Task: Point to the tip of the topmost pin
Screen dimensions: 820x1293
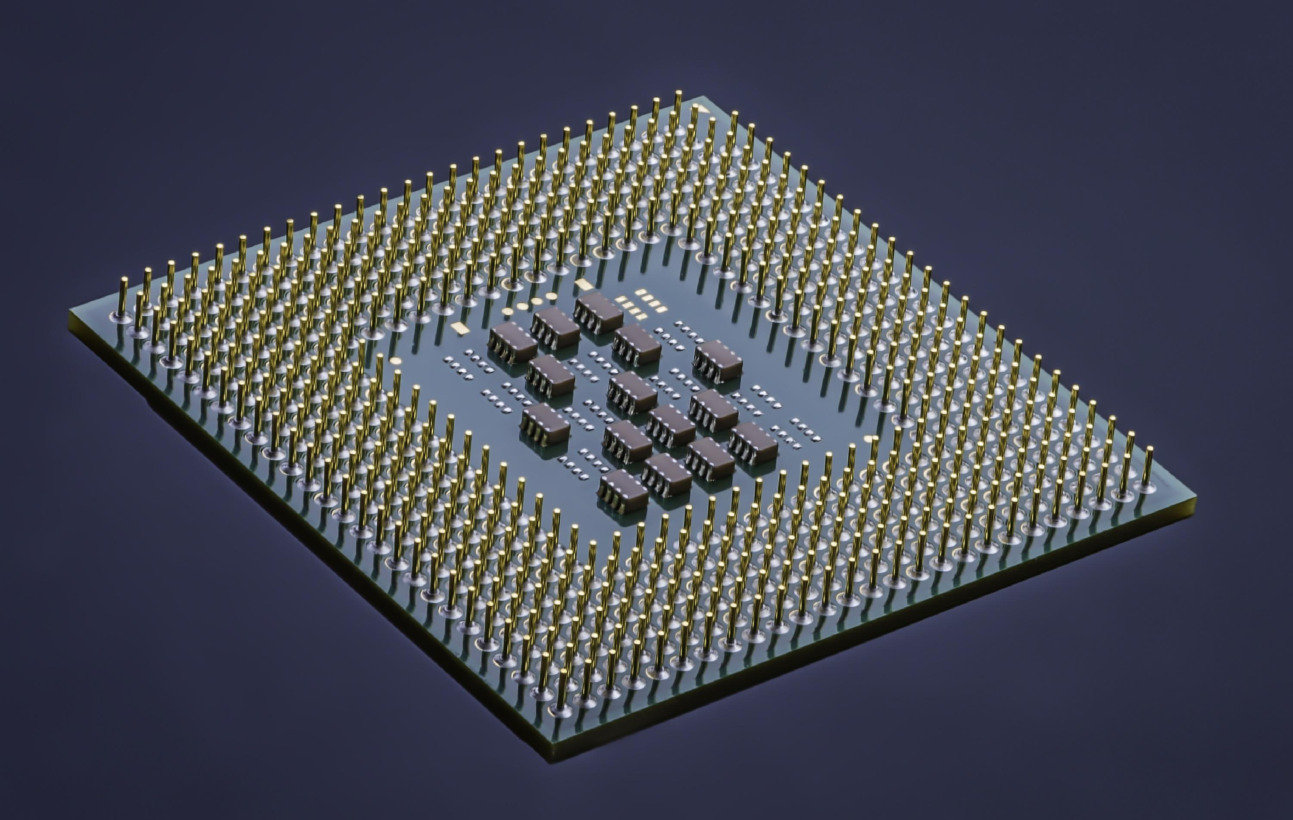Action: tap(678, 94)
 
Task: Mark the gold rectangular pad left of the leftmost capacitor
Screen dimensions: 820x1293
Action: tap(459, 327)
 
